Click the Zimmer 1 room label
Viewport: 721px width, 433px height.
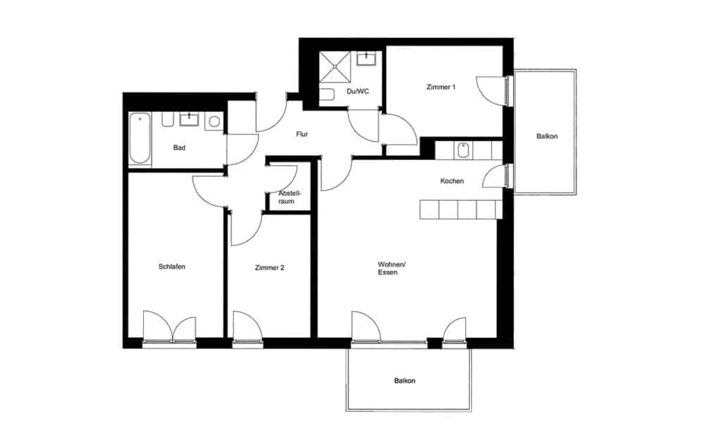441,87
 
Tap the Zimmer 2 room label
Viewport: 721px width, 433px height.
270,268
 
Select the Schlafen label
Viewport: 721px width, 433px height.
172,267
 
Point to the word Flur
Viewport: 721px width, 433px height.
303,134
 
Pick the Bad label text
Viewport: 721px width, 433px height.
179,148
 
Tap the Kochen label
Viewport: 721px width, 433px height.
452,181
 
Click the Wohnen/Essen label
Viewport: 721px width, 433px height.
391,268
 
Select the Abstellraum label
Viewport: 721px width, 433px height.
289,197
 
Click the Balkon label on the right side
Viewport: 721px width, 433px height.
546,136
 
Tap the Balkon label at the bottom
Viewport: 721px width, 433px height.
405,381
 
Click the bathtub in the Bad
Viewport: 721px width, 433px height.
140,139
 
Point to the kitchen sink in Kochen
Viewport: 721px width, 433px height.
463,150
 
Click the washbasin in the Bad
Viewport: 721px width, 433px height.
189,120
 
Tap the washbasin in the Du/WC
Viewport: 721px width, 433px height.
366,59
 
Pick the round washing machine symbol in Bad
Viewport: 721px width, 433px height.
214,121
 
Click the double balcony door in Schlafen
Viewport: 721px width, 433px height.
169,328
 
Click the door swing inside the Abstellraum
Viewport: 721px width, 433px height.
284,176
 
